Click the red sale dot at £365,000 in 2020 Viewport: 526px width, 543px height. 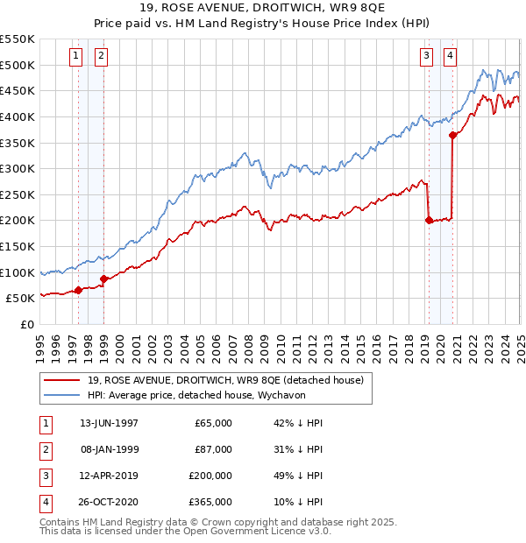point(453,135)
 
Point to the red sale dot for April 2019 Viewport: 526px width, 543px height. point(429,221)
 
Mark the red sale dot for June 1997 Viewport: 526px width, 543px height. point(78,290)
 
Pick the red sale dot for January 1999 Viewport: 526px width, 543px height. point(103,279)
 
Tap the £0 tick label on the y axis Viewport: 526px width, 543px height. point(26,324)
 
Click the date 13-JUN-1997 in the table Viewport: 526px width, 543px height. point(109,423)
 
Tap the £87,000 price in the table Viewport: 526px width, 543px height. point(213,449)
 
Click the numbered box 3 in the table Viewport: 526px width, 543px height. point(46,476)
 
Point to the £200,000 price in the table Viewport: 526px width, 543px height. point(210,476)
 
